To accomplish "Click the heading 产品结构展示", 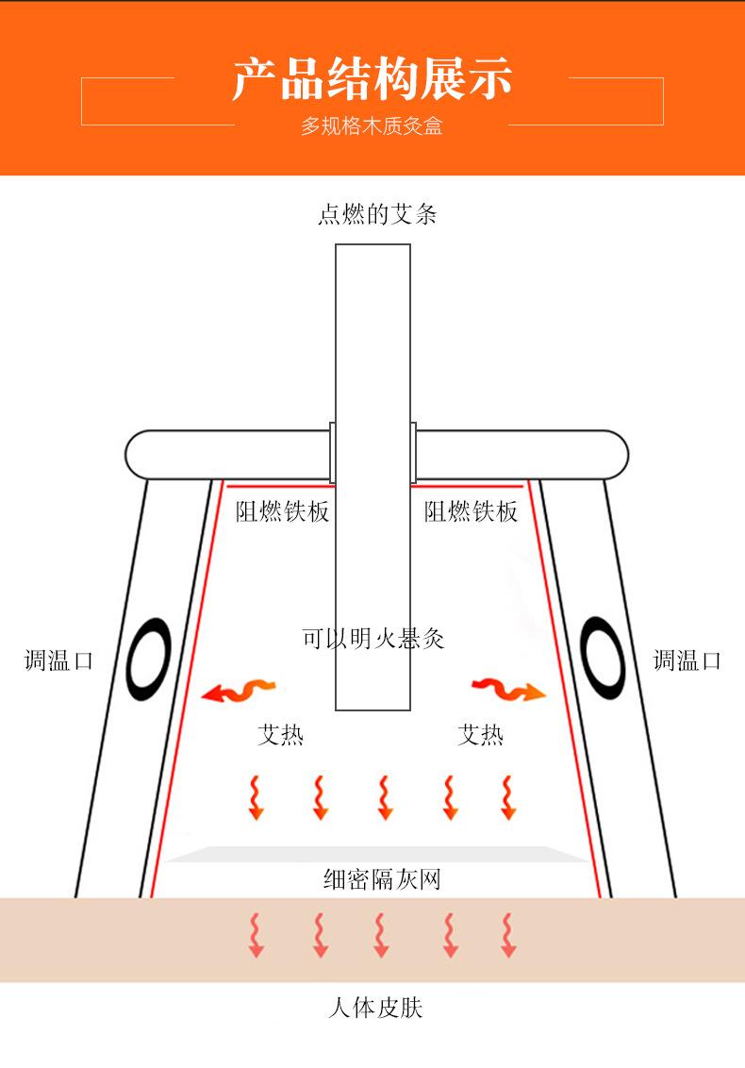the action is (x=372, y=79).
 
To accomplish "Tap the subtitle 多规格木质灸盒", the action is (x=372, y=126).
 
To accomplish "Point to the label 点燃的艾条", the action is (x=376, y=215).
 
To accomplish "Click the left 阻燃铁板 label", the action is (x=282, y=512).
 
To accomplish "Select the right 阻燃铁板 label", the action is (x=471, y=512).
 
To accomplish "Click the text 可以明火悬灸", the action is (x=372, y=639).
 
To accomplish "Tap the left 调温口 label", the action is (x=58, y=660).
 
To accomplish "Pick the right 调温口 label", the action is (x=687, y=660).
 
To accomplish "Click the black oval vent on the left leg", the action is (x=149, y=659).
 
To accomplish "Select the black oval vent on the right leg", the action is (x=602, y=659).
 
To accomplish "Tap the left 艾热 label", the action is (x=280, y=734).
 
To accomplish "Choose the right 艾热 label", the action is (x=480, y=734).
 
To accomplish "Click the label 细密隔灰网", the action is (x=381, y=880).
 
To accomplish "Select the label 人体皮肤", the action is (x=374, y=1008).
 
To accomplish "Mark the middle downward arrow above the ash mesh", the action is (x=384, y=797).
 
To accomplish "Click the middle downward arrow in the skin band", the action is (x=381, y=935).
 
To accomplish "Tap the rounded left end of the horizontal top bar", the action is (x=140, y=455).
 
